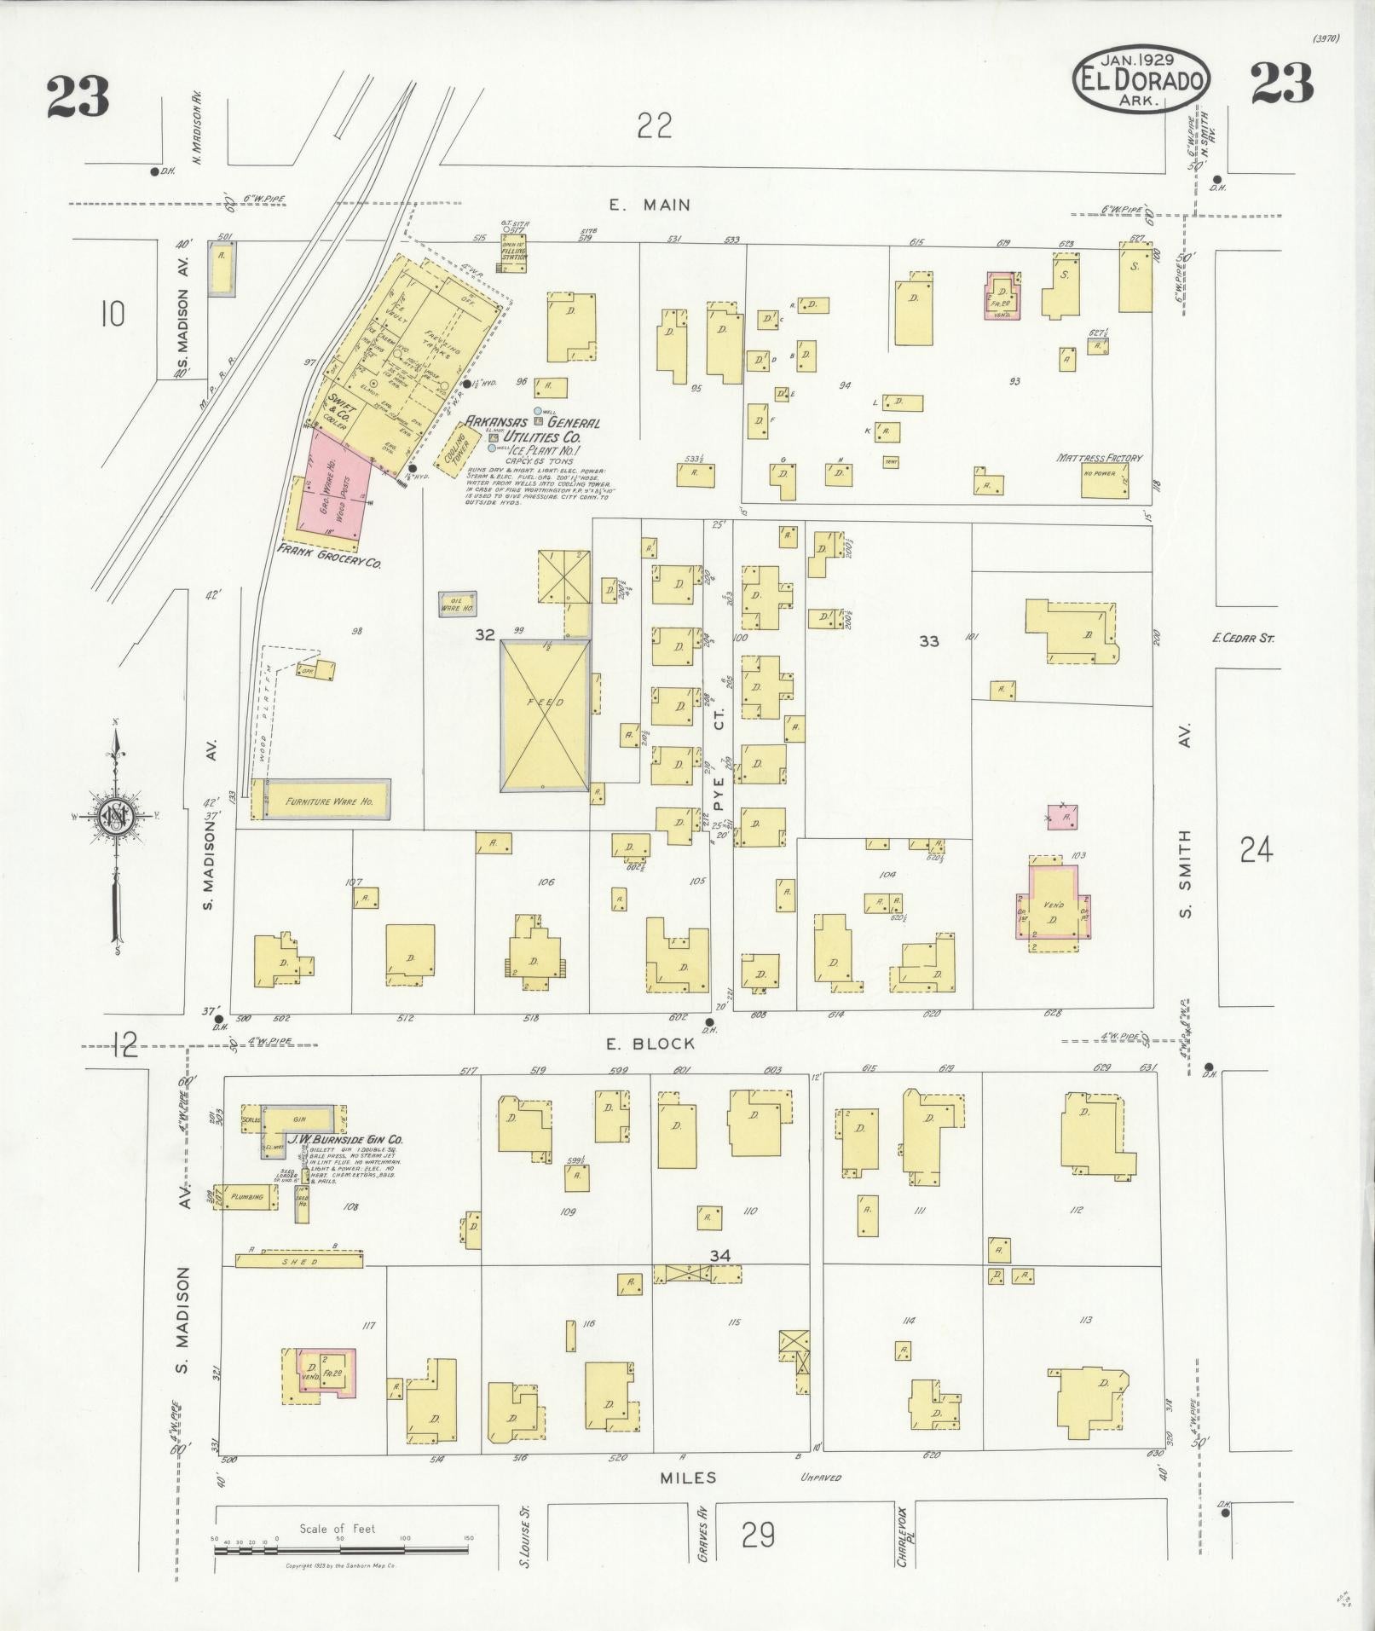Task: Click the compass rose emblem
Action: coord(115,816)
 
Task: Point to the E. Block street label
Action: coord(662,1043)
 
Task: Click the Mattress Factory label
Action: coord(1099,458)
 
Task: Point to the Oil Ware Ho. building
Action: coord(457,604)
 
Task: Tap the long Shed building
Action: coord(298,1261)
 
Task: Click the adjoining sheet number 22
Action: coord(654,126)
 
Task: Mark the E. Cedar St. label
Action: coord(1243,637)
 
